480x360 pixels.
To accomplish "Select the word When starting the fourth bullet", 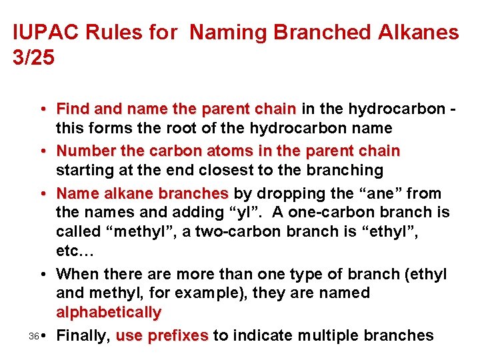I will [77, 274].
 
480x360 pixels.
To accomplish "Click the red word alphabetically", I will [109, 311].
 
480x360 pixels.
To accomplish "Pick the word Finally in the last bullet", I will [83, 335].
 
